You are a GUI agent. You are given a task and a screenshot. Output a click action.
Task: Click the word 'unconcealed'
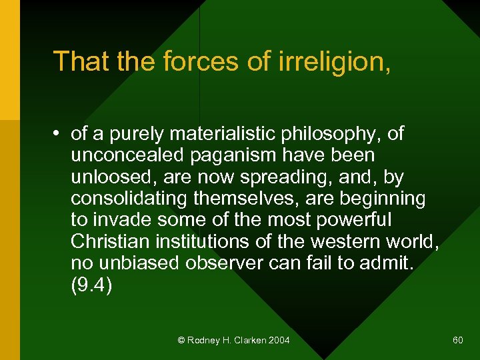pos(126,155)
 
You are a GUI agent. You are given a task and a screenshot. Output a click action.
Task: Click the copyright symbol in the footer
pos(181,341)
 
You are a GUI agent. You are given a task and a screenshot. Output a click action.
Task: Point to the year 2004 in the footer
pos(279,341)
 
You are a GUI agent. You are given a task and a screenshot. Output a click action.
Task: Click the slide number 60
pos(457,341)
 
